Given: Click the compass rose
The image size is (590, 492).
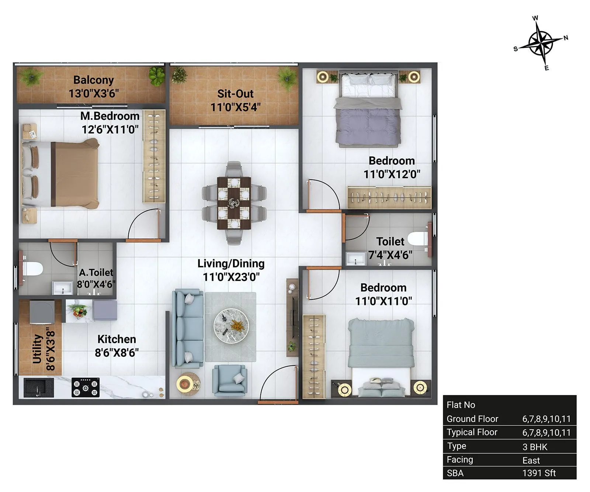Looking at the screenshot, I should point(541,44).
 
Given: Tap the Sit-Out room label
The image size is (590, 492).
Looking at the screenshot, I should point(235,94).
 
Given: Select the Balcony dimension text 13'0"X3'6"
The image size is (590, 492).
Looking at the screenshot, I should point(94,93).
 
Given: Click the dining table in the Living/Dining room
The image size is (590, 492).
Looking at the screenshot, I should point(234,203).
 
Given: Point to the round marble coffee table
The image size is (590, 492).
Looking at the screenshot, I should point(231,326).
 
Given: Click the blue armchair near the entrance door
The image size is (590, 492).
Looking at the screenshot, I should point(229,380).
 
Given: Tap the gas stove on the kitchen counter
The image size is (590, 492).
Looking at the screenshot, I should point(86,387).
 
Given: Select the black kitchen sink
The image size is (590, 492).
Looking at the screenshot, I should point(35,387).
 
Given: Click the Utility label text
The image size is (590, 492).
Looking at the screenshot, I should point(37,349).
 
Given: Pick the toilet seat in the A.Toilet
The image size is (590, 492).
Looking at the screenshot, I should point(31,268).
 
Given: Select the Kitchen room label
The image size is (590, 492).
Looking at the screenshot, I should point(117,339).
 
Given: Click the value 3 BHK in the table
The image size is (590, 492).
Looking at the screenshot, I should point(535,447).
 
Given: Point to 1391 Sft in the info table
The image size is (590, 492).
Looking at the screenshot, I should point(539,473).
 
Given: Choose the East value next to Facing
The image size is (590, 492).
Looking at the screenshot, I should point(531,460).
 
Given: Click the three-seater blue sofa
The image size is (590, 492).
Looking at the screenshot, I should point(188,328).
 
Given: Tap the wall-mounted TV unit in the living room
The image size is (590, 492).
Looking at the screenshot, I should point(293,317).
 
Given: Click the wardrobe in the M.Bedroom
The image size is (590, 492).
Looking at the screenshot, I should point(154,156).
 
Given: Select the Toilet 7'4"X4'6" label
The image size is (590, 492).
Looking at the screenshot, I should point(390,248).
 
